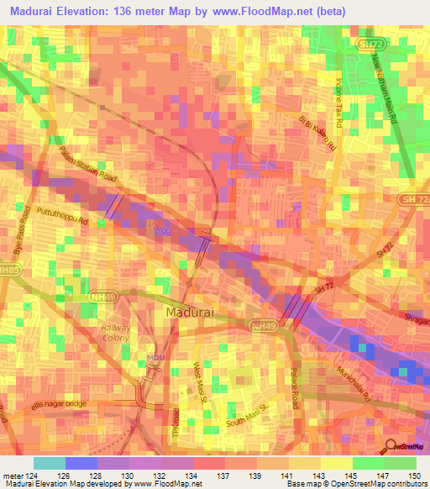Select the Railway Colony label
tap(116, 333)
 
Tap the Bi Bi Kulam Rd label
tap(317, 134)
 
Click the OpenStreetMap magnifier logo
tap(391, 446)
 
